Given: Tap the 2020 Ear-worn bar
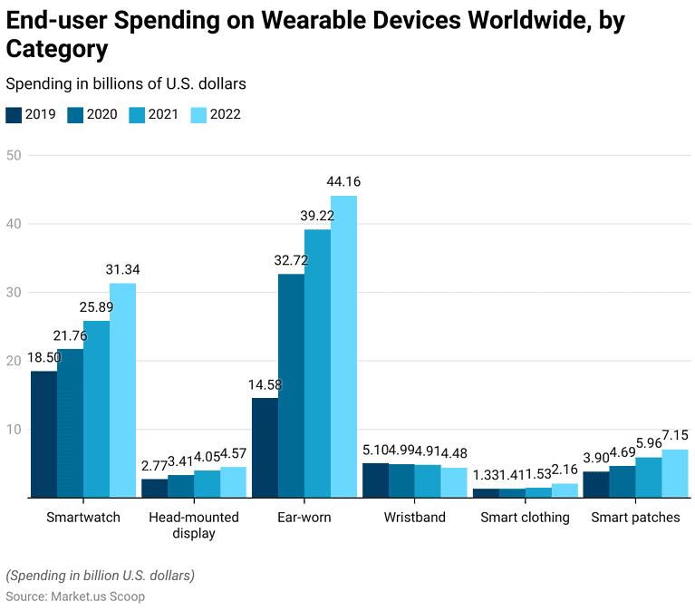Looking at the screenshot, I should pyautogui.click(x=291, y=385).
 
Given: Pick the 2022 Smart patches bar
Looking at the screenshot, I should pyautogui.click(x=675, y=473).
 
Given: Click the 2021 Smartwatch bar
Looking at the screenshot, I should pyautogui.click(x=96, y=409).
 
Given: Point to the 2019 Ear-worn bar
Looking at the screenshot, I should pyautogui.click(x=265, y=447).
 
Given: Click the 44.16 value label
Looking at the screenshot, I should pyautogui.click(x=343, y=182).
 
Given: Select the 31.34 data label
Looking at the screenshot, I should pyautogui.click(x=122, y=269).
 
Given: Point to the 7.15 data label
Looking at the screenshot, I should pyautogui.click(x=675, y=435).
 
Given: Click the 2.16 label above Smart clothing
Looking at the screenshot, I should pyautogui.click(x=565, y=470).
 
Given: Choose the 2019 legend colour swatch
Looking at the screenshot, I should pyautogui.click(x=14, y=114).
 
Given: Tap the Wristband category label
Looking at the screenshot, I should pyautogui.click(x=414, y=518).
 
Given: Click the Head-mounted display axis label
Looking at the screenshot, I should pyautogui.click(x=194, y=525).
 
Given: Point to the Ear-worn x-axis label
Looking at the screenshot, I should pyautogui.click(x=304, y=518).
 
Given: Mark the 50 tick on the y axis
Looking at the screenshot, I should pyautogui.click(x=13, y=155).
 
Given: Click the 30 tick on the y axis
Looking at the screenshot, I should pyautogui.click(x=13, y=292).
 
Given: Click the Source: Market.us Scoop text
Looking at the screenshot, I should pyautogui.click(x=75, y=596).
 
